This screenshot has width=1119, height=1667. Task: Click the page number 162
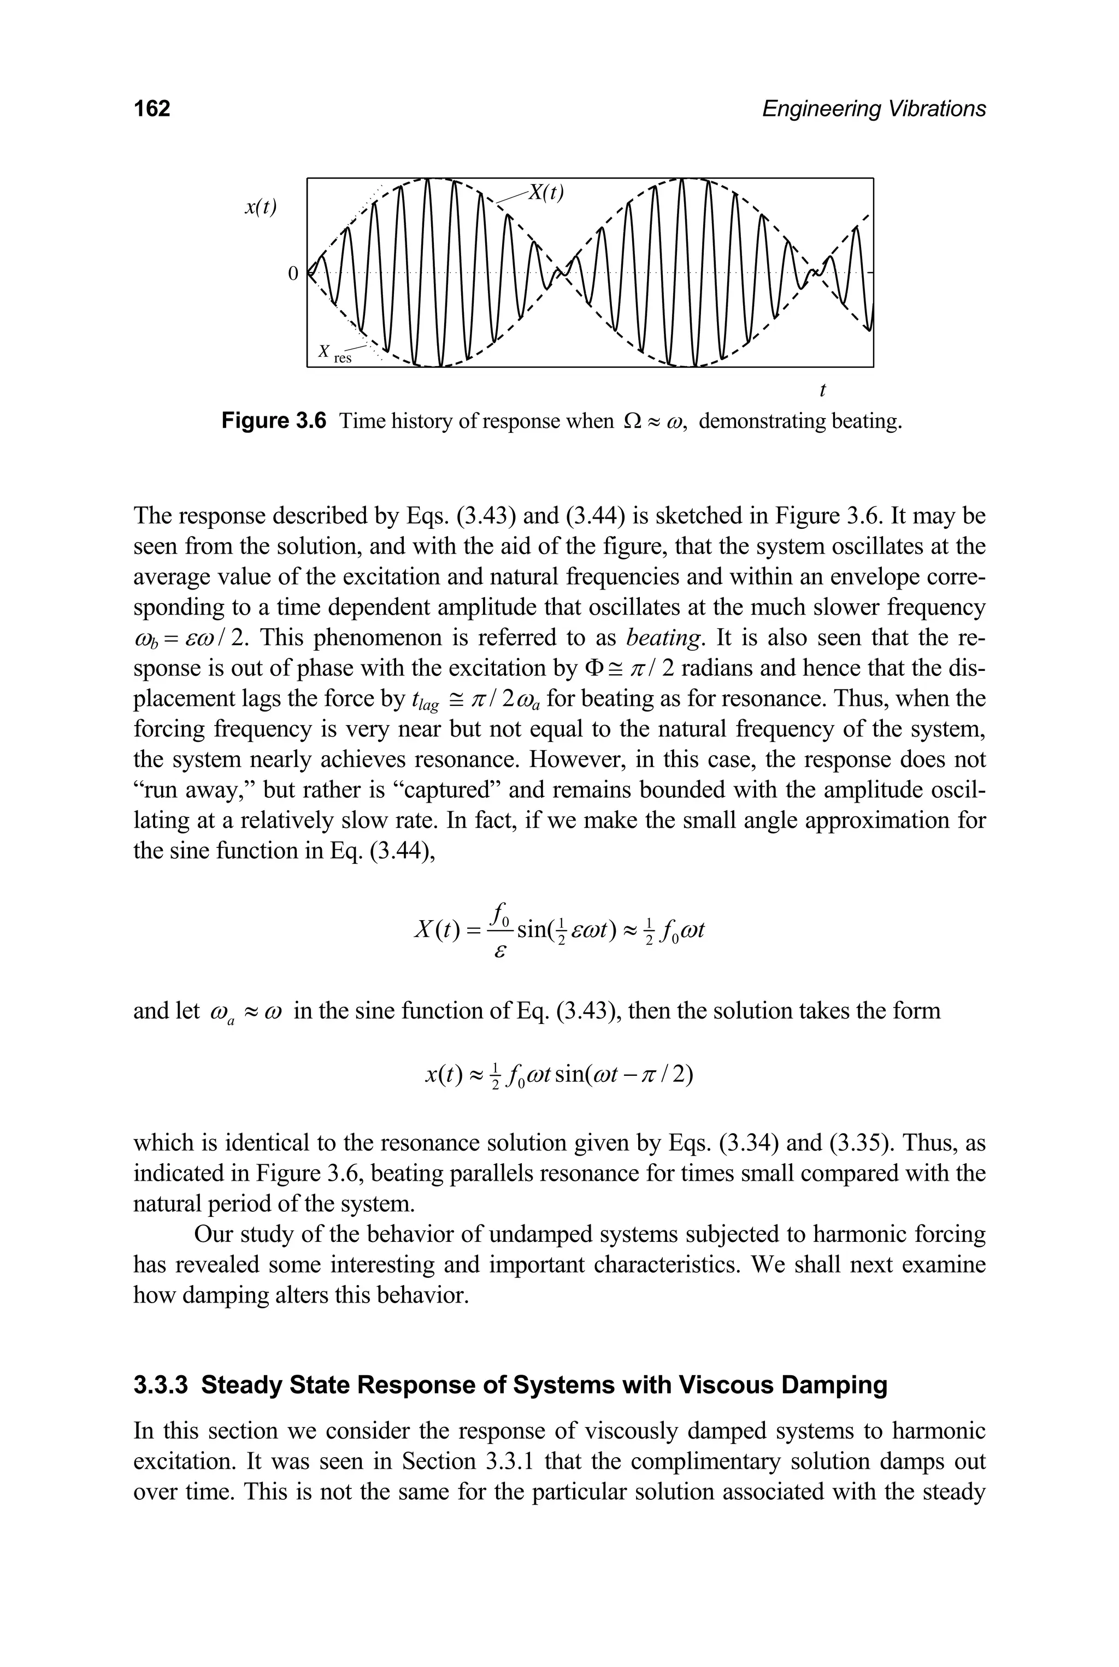(153, 109)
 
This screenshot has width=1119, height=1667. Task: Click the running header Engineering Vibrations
(874, 109)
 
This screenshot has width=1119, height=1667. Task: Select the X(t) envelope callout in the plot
(545, 193)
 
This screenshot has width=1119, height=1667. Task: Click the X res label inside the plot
(335, 354)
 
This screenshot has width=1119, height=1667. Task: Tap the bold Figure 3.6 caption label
(274, 421)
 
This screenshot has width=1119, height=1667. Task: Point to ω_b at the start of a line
(145, 639)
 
